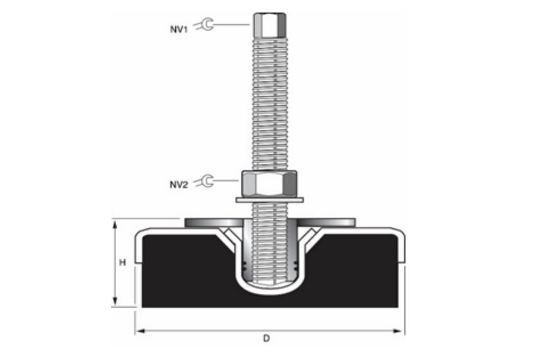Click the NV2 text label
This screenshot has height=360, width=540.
[x=179, y=184]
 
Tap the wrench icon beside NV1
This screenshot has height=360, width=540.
[x=206, y=25]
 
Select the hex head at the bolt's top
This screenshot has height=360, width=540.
[x=268, y=25]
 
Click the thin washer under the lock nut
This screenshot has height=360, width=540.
[x=269, y=199]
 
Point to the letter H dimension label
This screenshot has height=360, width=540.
[x=122, y=262]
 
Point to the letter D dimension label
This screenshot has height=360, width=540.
[x=266, y=338]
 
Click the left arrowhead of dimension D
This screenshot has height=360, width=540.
[x=139, y=331]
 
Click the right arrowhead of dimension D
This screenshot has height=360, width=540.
[x=400, y=331]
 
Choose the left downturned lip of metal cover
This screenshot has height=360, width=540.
[x=137, y=249]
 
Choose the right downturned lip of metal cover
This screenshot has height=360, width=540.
[x=401, y=249]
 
